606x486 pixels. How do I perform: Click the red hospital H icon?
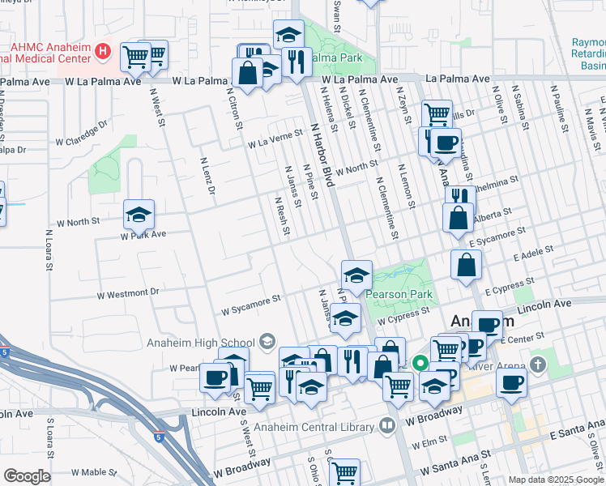click(103, 53)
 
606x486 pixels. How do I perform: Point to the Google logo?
click(27, 476)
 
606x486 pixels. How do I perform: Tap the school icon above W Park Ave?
click(139, 215)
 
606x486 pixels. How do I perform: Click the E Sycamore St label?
click(498, 236)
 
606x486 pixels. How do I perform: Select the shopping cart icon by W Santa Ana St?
click(345, 471)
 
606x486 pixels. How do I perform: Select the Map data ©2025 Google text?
click(554, 480)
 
